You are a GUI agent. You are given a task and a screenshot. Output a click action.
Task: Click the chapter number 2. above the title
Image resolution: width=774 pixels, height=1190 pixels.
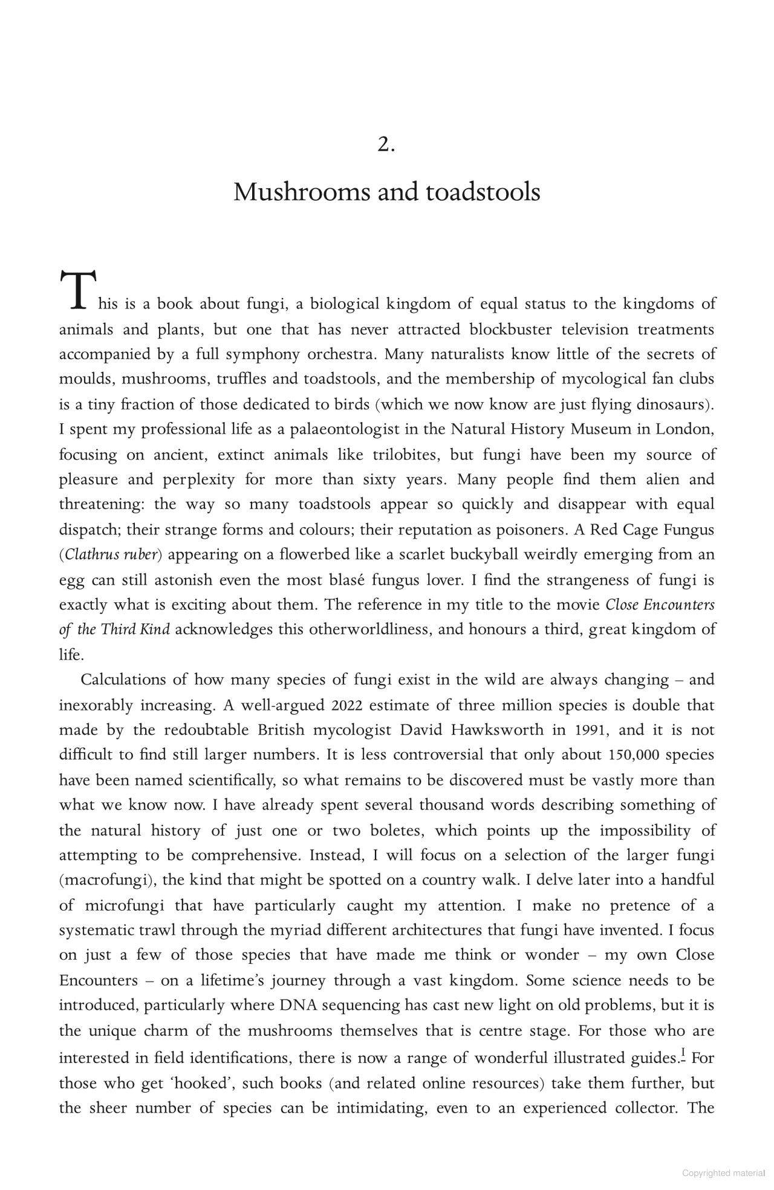[x=386, y=145]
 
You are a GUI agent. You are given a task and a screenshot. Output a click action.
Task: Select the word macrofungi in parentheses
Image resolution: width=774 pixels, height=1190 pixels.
[x=106, y=880]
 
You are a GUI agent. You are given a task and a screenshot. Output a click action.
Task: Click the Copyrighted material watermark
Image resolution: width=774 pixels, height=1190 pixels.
[x=723, y=1174]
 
